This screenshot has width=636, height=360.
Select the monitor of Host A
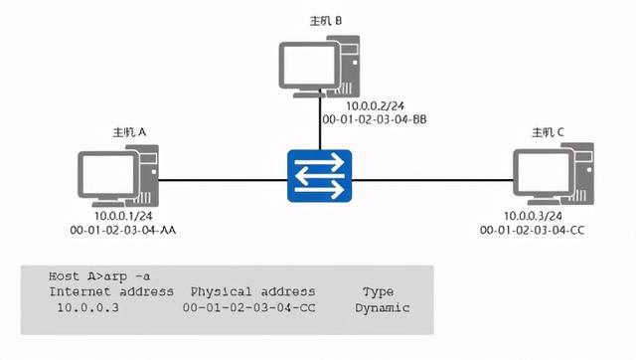pos(108,175)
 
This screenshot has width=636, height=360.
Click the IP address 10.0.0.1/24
pos(121,216)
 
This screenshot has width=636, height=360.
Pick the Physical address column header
pos(252,291)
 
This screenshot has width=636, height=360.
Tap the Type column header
pos(379,291)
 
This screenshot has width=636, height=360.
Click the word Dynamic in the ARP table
pos(382,308)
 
